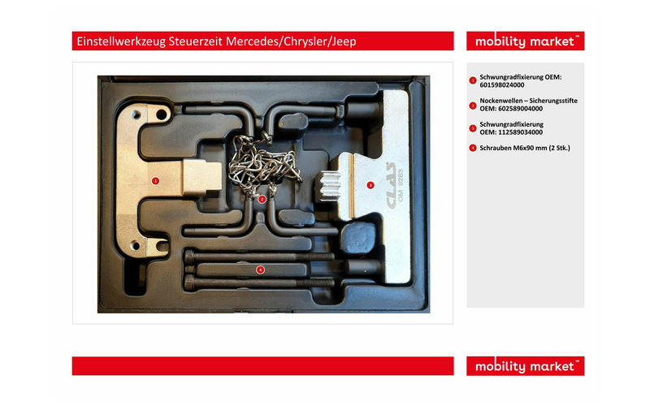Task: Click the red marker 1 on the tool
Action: pos(155,180)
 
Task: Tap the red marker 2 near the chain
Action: pos(262,199)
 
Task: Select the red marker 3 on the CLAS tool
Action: pos(370,185)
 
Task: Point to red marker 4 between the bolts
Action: pos(260,270)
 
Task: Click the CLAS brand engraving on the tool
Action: pos(391,185)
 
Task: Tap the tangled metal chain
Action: pos(263,165)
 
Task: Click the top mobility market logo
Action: pos(525,41)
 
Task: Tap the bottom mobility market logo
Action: pos(525,366)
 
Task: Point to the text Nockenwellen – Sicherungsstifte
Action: pos(529,101)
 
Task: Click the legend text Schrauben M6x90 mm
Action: pos(513,148)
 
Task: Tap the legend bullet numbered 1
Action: pos(473,80)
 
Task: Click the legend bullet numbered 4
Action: pos(473,148)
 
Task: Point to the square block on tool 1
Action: pos(201,177)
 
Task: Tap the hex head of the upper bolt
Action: pos(189,256)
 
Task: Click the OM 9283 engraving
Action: pos(401,185)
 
